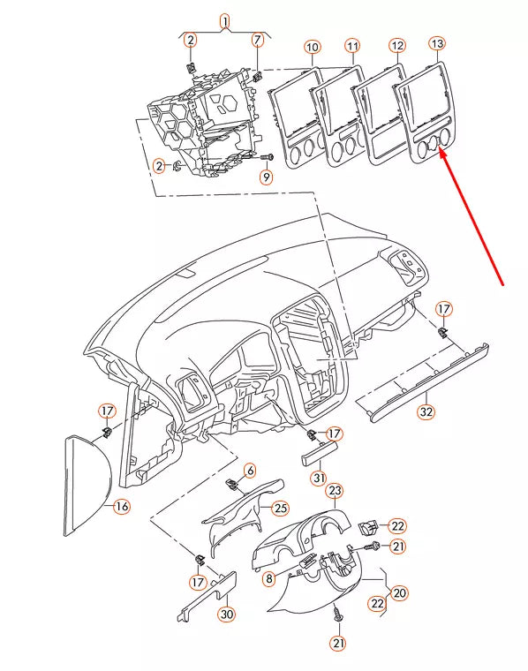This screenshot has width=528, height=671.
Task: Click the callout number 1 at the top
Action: [x=224, y=20]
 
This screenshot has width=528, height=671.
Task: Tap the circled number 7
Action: [x=258, y=40]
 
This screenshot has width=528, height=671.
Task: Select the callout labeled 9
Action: [x=266, y=176]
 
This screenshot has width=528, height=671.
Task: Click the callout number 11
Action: [x=352, y=45]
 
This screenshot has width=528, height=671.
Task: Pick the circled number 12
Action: [x=397, y=44]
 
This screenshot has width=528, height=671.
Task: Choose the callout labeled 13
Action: [x=438, y=43]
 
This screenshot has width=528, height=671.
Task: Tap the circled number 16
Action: [x=121, y=506]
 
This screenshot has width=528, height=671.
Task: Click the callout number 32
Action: [x=426, y=411]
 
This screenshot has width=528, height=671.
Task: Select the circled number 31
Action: [x=319, y=478]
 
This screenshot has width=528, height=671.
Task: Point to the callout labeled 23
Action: [x=335, y=491]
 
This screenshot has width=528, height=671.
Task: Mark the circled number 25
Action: [x=281, y=507]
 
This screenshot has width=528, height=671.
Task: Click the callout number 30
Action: [x=227, y=614]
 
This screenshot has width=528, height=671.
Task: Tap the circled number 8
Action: [x=269, y=579]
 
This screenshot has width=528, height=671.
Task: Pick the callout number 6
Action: [x=249, y=471]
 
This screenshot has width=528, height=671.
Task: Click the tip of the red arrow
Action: [x=440, y=152]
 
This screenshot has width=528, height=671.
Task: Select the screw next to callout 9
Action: [x=268, y=156]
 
